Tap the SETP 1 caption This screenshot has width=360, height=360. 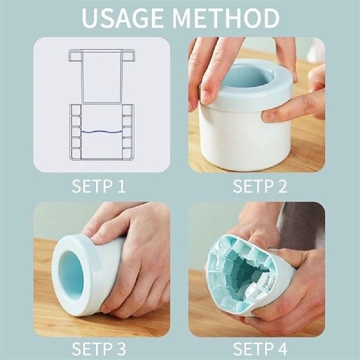pos(99,186)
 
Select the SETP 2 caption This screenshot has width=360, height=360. pos(260,186)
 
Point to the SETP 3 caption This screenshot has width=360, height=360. pos(99,349)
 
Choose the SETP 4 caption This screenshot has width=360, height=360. pos(260,349)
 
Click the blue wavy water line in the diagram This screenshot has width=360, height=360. pos(101,132)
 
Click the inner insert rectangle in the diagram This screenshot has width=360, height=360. pos(101,75)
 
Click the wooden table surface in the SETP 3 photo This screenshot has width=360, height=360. pos(45,300)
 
